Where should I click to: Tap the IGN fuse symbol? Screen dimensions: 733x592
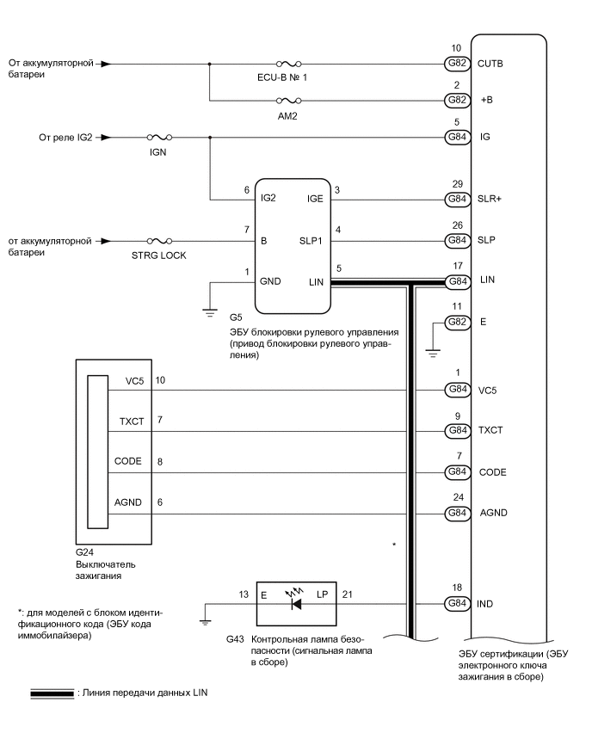158,137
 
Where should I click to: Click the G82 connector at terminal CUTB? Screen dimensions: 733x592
455,64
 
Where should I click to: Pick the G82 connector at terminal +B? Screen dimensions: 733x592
455,100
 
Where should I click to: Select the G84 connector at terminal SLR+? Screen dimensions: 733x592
455,200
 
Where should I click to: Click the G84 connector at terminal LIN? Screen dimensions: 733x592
455,281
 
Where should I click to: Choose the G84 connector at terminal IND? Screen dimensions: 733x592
455,604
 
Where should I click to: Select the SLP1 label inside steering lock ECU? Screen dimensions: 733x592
311,242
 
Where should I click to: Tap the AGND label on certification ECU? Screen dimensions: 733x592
493,513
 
